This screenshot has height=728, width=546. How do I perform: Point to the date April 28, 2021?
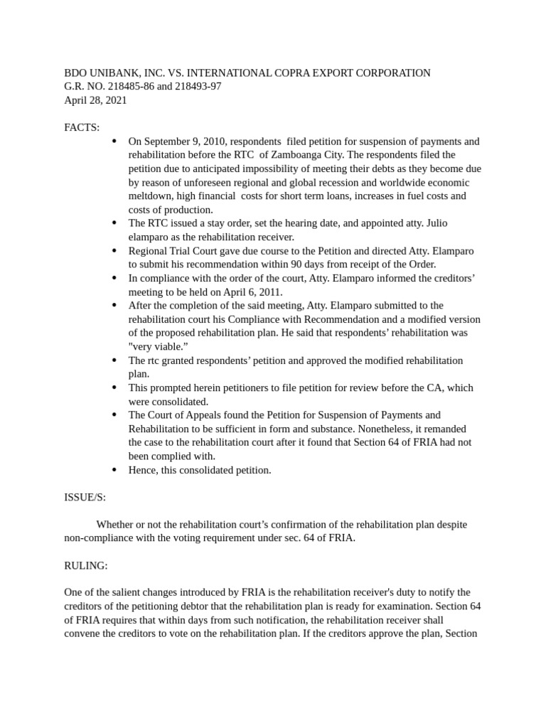[x=95, y=100]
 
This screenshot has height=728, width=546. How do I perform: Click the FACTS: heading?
[x=82, y=127]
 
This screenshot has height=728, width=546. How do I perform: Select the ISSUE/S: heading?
[x=85, y=497]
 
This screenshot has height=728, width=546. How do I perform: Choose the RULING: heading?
[x=86, y=565]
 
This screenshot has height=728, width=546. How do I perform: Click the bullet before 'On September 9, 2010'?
[x=114, y=141]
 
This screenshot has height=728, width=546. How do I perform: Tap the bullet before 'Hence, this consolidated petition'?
[x=114, y=469]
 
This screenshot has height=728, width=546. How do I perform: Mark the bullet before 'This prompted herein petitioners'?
[x=114, y=387]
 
